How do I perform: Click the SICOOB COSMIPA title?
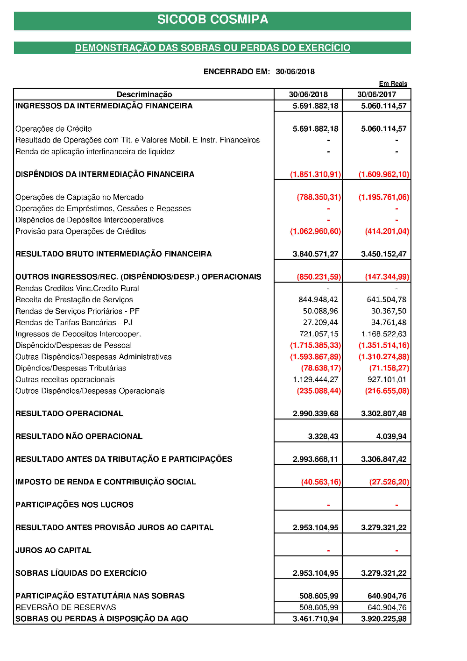pos(212,20)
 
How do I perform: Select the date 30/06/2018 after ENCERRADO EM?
pos(295,71)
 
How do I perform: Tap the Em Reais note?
pos(393,84)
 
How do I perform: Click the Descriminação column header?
pos(144,94)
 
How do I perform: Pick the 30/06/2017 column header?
pos(376,94)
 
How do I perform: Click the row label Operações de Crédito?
pos(54,128)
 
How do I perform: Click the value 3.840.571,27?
pos(315,254)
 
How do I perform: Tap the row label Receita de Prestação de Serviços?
pos(74,299)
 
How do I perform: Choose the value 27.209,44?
pos(320,322)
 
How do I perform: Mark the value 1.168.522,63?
pos(384,334)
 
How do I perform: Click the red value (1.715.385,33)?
pos(315,345)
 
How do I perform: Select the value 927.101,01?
pos(387,380)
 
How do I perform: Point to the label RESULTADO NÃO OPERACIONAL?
pos(79,436)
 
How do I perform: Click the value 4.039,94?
pos(391,436)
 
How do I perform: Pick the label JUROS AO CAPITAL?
pos(53,550)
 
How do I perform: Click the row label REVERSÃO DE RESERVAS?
pos(66,607)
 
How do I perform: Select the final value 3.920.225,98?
pos(383,619)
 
